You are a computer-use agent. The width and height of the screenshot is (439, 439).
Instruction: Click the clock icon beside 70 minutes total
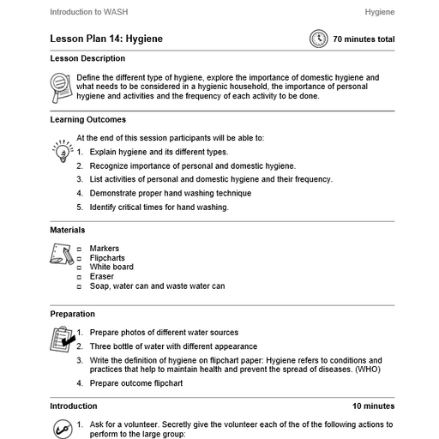[x=319, y=39]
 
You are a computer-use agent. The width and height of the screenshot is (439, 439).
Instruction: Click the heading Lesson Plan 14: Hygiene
[x=106, y=39]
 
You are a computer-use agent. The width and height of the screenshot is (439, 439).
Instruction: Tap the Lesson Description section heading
[x=87, y=59]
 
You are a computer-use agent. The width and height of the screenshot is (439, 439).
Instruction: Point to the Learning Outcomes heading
[x=87, y=120]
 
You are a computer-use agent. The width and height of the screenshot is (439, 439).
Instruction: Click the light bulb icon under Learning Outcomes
[x=61, y=153]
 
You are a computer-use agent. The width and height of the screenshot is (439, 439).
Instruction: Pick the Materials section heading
[x=67, y=230]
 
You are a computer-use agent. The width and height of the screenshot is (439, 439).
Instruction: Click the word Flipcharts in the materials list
[x=107, y=258]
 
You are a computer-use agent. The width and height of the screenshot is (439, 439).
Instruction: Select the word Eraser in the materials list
[x=102, y=277]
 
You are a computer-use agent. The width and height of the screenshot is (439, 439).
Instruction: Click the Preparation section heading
[x=72, y=315]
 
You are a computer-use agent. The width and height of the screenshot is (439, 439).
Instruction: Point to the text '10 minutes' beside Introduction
[x=373, y=406]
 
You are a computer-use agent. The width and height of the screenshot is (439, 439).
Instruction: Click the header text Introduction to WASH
[x=88, y=13]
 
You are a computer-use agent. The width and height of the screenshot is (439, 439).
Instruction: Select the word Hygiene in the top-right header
[x=379, y=13]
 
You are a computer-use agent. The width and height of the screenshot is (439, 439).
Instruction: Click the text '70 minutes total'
[x=364, y=39]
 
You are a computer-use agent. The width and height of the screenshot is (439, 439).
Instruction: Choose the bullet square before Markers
[x=79, y=249]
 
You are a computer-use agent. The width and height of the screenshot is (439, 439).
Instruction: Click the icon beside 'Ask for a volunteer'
[x=61, y=428]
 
